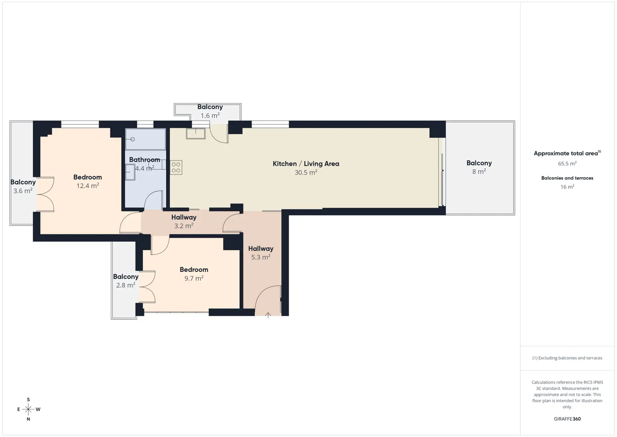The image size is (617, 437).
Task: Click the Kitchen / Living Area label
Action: click(x=306, y=163)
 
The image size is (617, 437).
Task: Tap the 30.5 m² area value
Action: click(x=306, y=172)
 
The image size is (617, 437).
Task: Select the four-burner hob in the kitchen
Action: click(x=176, y=168)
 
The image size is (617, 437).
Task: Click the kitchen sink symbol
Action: click(x=196, y=134)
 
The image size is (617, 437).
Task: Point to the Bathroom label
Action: click(x=145, y=160)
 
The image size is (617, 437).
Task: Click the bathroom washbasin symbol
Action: click(x=130, y=172)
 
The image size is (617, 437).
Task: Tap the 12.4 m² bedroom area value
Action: click(x=88, y=186)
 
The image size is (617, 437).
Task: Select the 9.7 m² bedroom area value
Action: click(x=194, y=278)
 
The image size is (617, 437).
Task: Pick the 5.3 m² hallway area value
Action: click(x=260, y=257)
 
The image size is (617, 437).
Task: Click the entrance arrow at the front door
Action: click(x=268, y=315)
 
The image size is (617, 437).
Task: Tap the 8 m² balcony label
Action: click(x=479, y=167)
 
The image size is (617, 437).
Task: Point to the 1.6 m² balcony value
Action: click(x=210, y=115)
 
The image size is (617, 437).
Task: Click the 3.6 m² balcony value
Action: click(x=23, y=191)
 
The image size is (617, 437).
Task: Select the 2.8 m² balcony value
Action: click(x=126, y=285)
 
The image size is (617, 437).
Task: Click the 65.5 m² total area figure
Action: click(x=567, y=163)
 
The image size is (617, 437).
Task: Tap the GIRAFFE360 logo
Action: click(x=567, y=419)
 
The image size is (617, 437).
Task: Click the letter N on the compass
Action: click(x=28, y=419)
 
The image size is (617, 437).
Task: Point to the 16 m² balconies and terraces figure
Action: click(x=567, y=187)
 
